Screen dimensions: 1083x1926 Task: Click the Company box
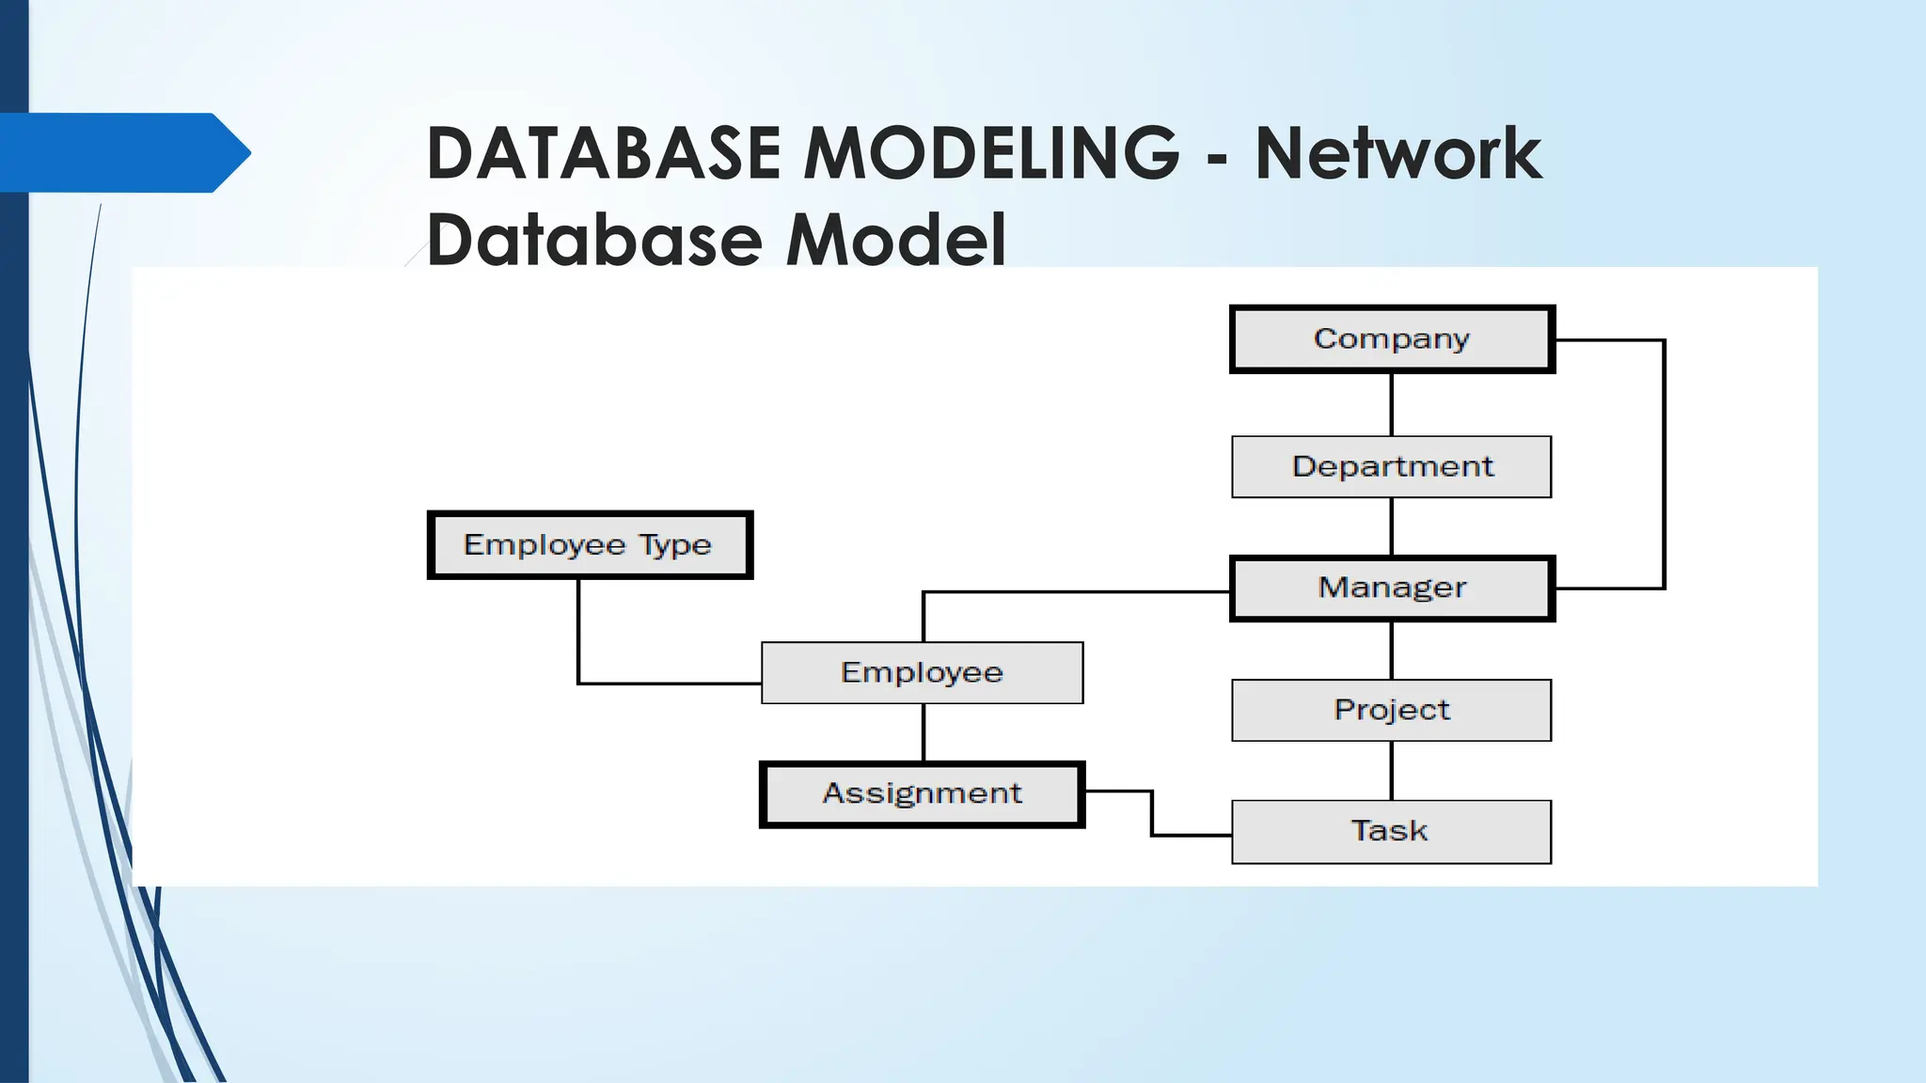coord(1392,339)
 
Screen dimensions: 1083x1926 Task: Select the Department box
coord(1392,466)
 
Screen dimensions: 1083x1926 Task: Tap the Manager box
coord(1392,589)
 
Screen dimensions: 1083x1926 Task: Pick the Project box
coord(1392,710)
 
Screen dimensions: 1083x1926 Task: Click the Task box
coord(1392,831)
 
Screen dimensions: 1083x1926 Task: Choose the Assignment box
coord(922,794)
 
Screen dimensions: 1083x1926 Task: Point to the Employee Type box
coord(590,545)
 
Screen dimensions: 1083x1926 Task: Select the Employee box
coord(922,672)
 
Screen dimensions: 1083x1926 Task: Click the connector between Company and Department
coord(1392,404)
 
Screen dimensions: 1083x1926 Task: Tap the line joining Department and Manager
coord(1392,526)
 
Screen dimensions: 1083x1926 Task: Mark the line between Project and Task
coord(1392,771)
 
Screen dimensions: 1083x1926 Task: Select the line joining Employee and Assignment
coord(924,733)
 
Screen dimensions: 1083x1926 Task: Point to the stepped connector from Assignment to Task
coord(1152,814)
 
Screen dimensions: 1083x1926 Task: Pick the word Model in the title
coord(895,239)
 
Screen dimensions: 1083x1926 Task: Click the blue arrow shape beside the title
coord(122,152)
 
